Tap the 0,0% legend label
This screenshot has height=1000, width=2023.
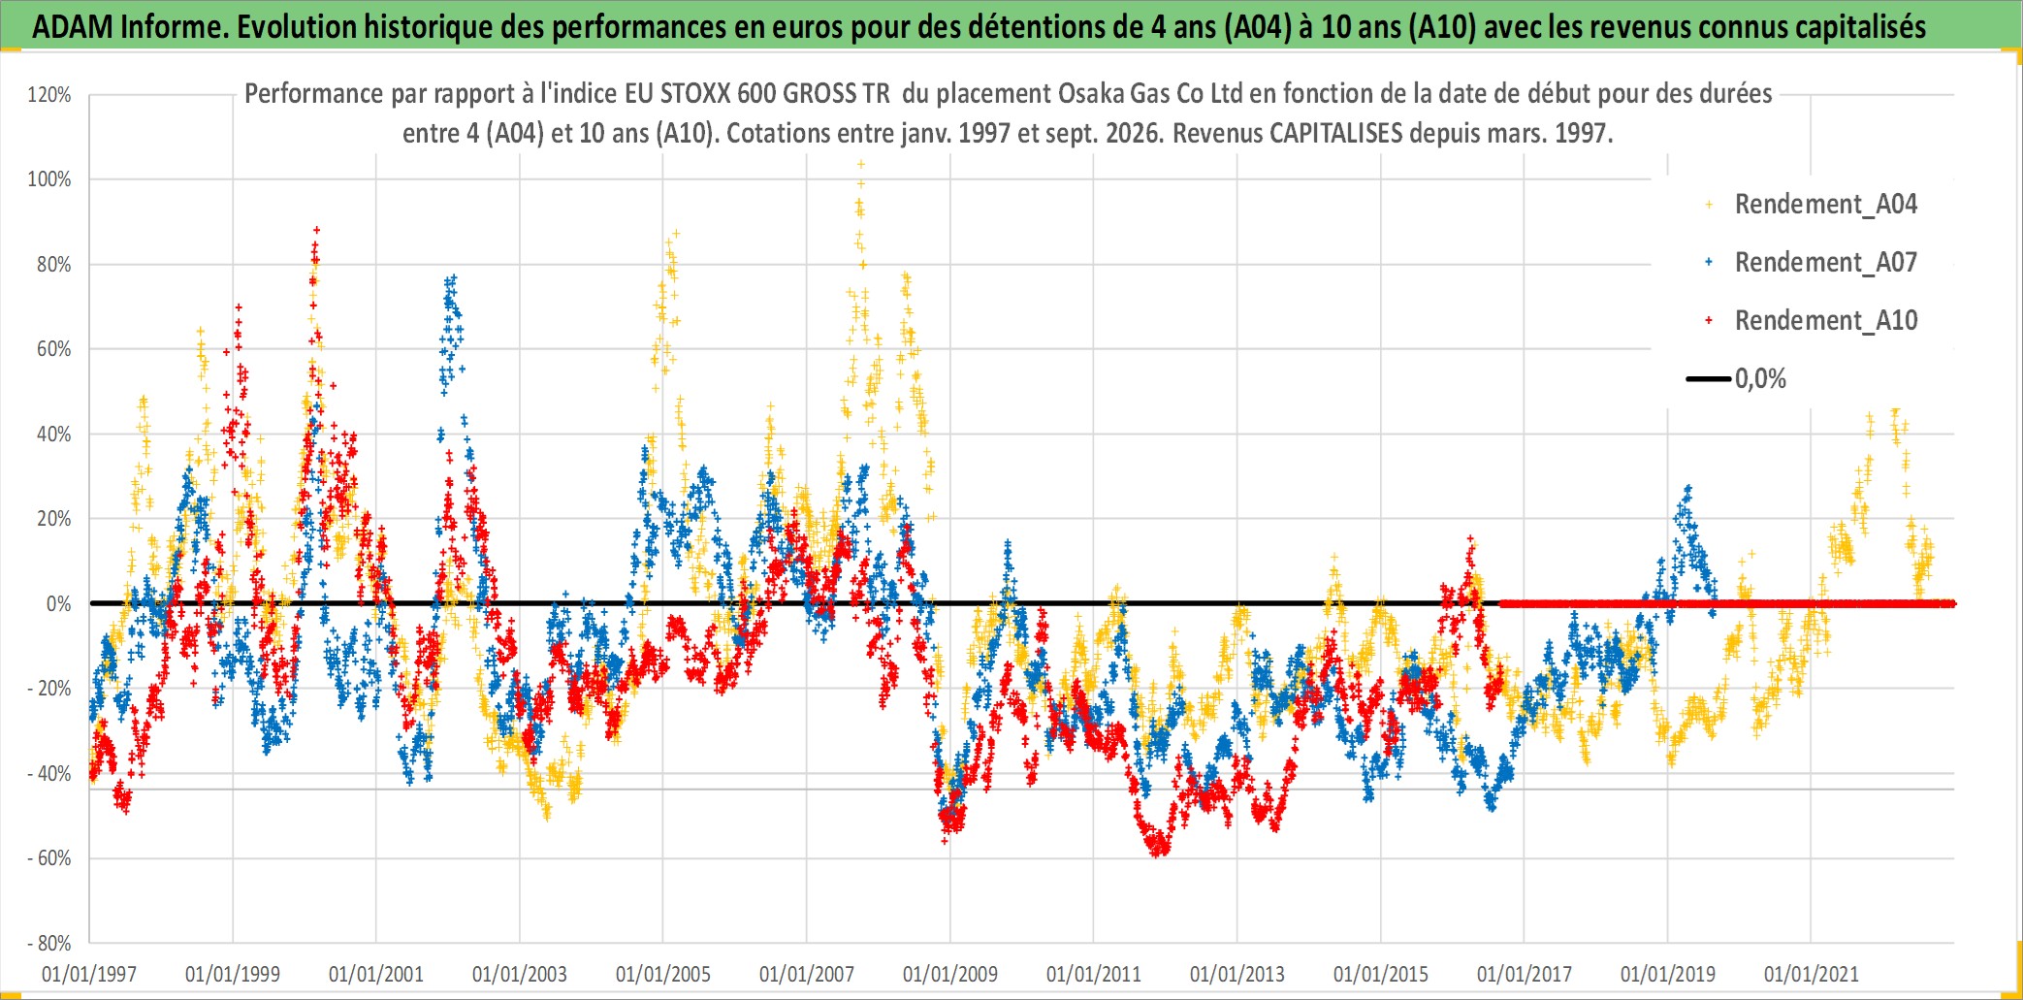coord(1760,378)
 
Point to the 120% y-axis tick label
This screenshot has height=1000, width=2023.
coord(49,95)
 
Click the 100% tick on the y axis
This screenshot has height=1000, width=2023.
coord(49,179)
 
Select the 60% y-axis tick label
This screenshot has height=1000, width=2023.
coord(54,349)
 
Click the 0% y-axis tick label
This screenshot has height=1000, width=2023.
coord(59,604)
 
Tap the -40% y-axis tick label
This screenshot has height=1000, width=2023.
coord(49,774)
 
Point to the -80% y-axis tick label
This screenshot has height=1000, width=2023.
coord(49,944)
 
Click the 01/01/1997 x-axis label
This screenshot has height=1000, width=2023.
coord(89,974)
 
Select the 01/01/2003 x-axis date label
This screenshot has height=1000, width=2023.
coord(520,974)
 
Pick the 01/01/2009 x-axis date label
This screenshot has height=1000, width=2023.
coord(950,974)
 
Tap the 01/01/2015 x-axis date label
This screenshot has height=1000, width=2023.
coord(1381,974)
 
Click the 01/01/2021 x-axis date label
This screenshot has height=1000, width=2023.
coord(1812,974)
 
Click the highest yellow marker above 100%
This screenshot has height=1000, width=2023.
coord(860,164)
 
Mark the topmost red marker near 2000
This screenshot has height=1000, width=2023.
coord(316,231)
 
